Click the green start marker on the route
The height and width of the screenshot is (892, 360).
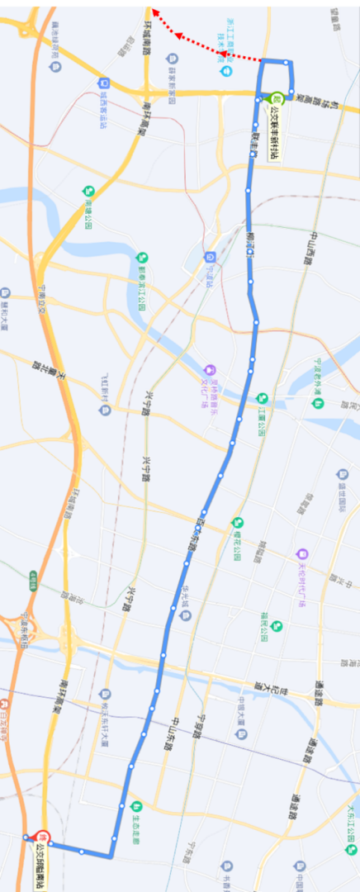tap(277, 97)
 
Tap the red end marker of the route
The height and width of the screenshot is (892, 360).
tap(44, 837)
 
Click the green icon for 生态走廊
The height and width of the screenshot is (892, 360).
tap(137, 806)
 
